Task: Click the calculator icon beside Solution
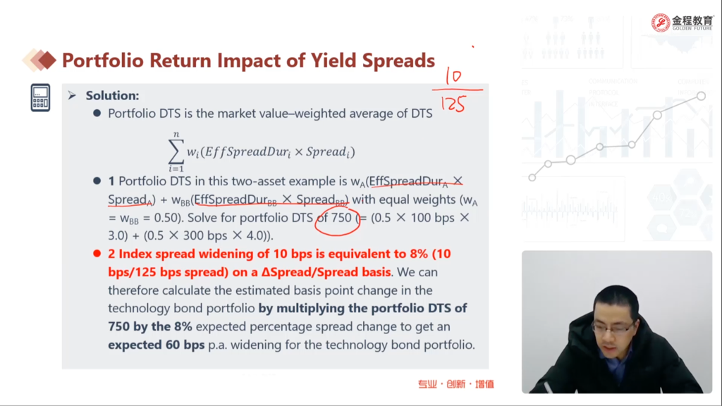[x=40, y=97]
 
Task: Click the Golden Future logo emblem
[x=660, y=23]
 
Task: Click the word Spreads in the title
[x=398, y=61]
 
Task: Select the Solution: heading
[x=112, y=95]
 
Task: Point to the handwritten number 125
[x=453, y=104]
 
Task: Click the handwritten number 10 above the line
[x=454, y=76]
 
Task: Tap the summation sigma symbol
[x=176, y=152]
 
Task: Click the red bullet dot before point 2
[x=97, y=254]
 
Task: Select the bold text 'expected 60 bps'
[x=157, y=345]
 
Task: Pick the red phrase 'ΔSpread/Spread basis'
[x=326, y=272]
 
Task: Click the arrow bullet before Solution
[x=72, y=95]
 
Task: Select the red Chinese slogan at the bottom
[x=456, y=384]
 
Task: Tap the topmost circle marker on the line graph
[x=701, y=96]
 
